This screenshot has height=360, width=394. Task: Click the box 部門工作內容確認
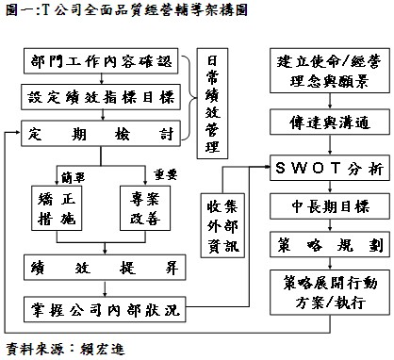coord(102,63)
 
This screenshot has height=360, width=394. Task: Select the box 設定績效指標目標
coord(102,97)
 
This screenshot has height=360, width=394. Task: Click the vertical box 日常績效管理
coord(213,105)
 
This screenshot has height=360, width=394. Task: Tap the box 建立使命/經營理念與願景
coord(325,71)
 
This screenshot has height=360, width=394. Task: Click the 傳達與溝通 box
coord(326,123)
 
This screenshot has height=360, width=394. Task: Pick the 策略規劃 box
coord(326,241)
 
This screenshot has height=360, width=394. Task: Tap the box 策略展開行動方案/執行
coord(325,288)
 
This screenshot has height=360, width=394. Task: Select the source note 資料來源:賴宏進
coord(64,348)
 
